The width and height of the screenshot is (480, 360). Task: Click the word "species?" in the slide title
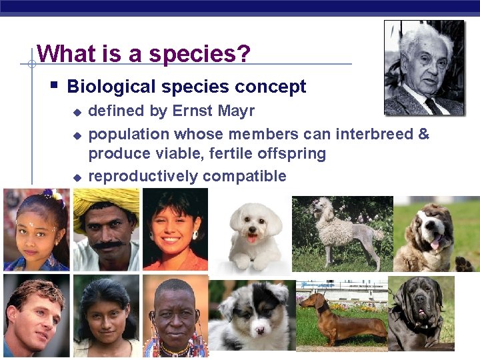coord(199,54)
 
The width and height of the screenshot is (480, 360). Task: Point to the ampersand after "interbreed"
coord(423,134)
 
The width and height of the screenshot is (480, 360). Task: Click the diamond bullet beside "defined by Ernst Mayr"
coord(77,112)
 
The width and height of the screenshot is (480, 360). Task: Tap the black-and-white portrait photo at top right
coord(424,67)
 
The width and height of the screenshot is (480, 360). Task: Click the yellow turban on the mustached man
coord(103,204)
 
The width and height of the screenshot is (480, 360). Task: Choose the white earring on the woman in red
coord(196,235)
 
